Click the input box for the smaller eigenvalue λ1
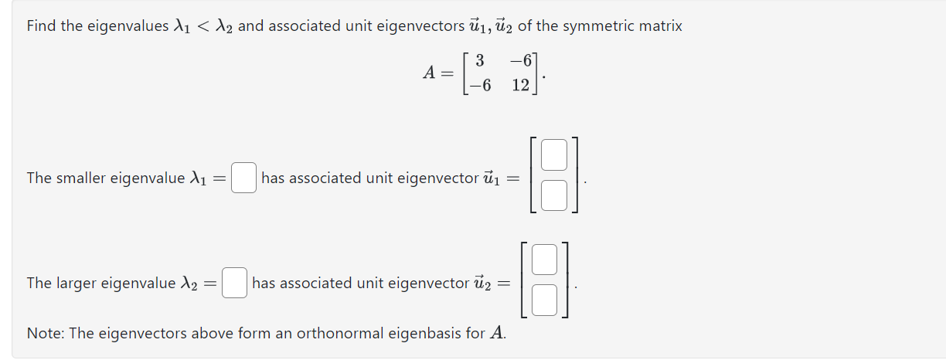(244, 178)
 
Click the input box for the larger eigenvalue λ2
(234, 283)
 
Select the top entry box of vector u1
(554, 156)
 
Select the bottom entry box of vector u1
(554, 195)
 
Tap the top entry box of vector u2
(544, 260)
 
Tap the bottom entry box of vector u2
(544, 299)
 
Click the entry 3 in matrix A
(480, 60)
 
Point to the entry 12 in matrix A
(520, 85)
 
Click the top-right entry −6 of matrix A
(520, 60)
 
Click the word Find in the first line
(42, 26)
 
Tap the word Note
(45, 334)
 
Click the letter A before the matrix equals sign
(430, 73)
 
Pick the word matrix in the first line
(660, 26)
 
